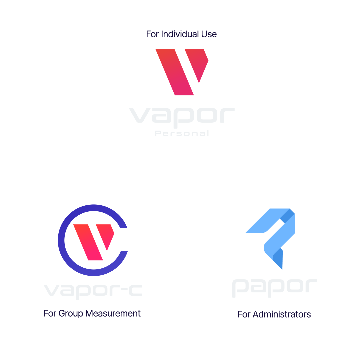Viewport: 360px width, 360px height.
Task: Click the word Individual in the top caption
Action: click(x=180, y=34)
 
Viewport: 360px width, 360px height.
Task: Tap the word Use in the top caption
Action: click(x=209, y=34)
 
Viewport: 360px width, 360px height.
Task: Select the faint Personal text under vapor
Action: click(x=182, y=133)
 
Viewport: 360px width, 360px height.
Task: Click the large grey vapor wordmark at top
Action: click(x=182, y=117)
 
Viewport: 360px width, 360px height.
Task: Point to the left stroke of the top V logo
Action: click(x=174, y=72)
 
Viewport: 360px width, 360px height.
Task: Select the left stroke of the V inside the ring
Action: click(x=88, y=242)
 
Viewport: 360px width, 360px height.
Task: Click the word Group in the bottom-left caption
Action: click(x=71, y=314)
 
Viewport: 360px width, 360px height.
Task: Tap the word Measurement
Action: click(x=113, y=313)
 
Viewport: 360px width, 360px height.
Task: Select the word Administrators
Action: click(x=282, y=314)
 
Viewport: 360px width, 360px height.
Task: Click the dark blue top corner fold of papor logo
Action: click(x=287, y=216)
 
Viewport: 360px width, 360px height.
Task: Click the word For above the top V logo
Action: click(x=152, y=34)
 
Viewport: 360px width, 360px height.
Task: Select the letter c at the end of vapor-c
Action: click(x=135, y=291)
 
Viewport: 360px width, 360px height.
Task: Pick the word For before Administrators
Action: click(x=244, y=314)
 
